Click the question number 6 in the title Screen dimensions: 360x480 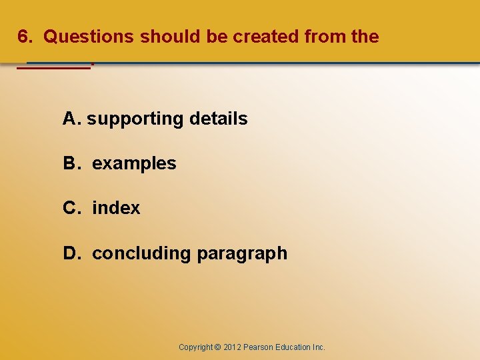24,37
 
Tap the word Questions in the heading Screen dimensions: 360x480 89,37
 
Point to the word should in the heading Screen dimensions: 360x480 171,37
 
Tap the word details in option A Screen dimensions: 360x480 219,119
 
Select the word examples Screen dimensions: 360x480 134,164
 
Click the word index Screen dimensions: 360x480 116,208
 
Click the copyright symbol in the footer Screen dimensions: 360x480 217,347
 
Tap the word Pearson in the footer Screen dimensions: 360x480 259,347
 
